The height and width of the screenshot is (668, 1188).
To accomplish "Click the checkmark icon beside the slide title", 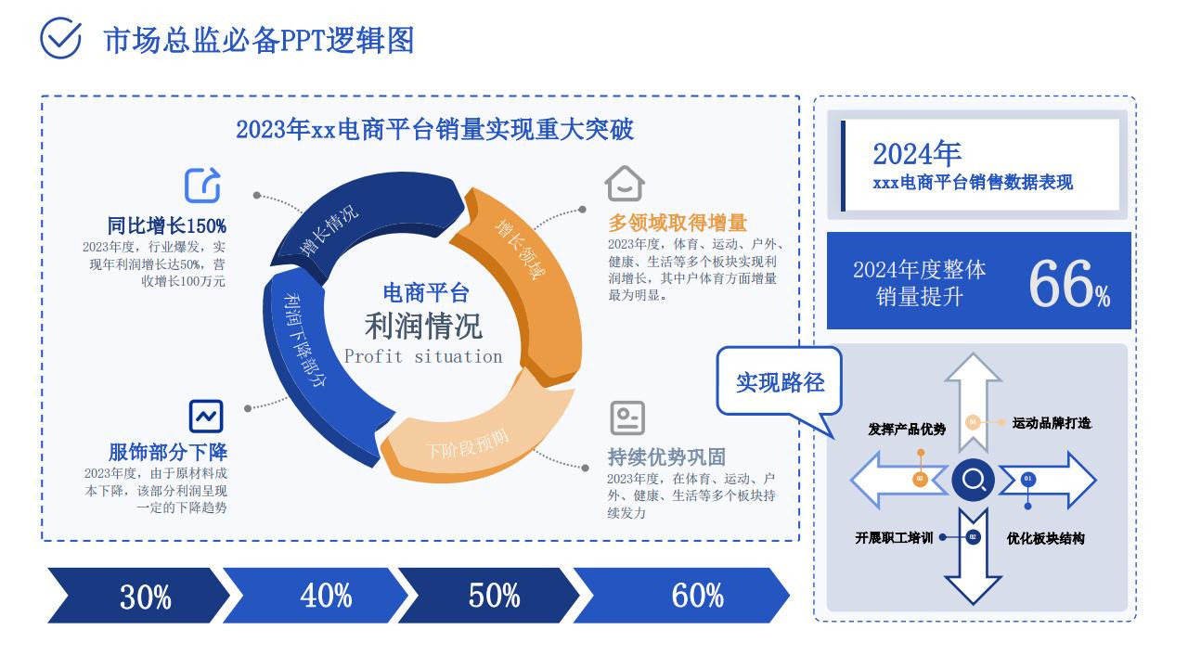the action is tap(60, 38).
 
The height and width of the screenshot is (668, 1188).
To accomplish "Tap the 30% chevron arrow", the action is tap(139, 596).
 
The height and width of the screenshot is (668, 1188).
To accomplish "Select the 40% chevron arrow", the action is tap(316, 596).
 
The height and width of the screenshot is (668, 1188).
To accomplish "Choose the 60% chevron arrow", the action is tap(681, 596).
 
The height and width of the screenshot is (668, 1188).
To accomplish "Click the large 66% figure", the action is tap(1069, 284).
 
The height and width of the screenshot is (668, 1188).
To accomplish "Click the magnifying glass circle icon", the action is tap(974, 480).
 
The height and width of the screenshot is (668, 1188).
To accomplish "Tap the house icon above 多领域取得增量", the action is tap(625, 184).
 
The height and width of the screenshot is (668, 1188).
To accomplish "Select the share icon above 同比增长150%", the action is tap(202, 185).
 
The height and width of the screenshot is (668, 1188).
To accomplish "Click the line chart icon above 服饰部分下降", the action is tap(206, 417).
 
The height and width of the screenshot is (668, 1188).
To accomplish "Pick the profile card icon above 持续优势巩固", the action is tap(627, 417).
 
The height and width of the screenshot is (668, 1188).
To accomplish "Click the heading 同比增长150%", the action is tap(166, 225).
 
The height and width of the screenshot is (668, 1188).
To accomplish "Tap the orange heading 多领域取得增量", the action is tap(678, 223).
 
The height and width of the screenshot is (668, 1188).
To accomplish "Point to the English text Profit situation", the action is tap(423, 356).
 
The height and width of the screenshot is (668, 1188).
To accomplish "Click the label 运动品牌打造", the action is tap(1052, 423).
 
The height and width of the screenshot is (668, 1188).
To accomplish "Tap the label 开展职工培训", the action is tap(894, 538).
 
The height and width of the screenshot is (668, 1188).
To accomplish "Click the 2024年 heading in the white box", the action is tap(917, 154).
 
